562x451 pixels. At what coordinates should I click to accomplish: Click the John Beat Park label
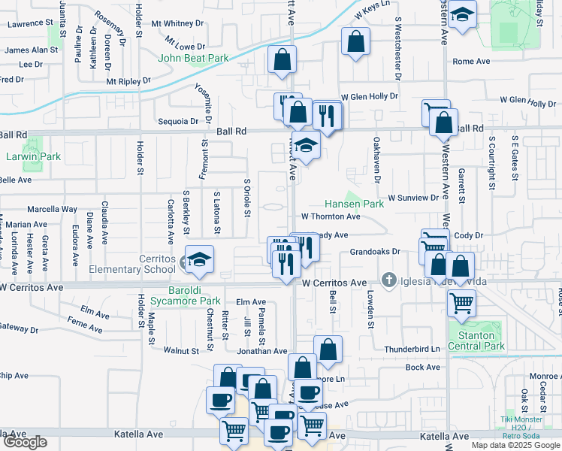[x=192, y=58]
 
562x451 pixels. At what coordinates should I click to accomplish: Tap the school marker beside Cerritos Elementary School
[x=198, y=259]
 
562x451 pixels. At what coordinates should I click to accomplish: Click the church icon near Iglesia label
[x=388, y=280]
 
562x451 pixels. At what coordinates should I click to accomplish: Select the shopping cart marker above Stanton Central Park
[x=461, y=304]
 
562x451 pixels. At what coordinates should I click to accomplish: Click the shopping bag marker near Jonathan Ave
[x=328, y=349]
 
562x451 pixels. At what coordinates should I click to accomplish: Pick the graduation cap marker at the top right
[x=464, y=14]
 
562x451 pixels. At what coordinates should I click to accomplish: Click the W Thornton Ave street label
[x=331, y=216]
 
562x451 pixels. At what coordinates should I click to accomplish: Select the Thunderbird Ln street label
[x=411, y=349]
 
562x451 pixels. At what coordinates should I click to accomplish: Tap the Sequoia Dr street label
[x=178, y=120]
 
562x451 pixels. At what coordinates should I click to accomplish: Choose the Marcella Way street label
[x=53, y=209]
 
